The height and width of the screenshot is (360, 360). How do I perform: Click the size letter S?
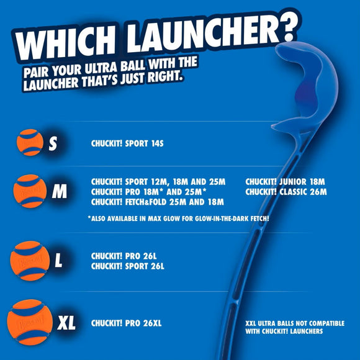53,143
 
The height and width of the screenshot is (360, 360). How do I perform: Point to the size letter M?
60,192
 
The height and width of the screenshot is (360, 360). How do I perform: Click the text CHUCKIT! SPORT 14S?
132,143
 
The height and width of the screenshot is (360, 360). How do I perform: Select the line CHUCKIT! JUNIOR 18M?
285,181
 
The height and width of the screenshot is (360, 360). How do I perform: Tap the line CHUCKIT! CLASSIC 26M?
286,192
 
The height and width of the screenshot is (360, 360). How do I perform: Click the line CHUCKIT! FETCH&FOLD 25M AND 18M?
157,202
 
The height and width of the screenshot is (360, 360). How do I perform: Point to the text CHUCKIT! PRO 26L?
126,256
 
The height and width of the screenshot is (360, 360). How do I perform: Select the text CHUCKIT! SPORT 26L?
128,266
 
